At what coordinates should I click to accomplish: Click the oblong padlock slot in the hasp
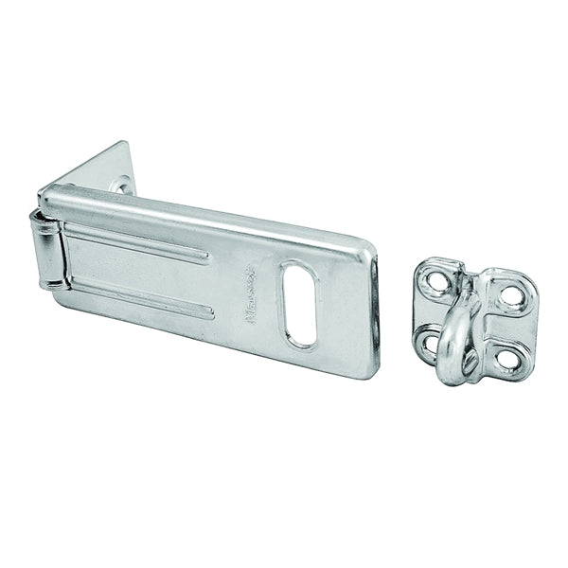point(301,304)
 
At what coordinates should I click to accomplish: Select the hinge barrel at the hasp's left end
point(48,249)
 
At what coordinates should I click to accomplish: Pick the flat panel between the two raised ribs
point(142,266)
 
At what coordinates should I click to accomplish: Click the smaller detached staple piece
point(473,322)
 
